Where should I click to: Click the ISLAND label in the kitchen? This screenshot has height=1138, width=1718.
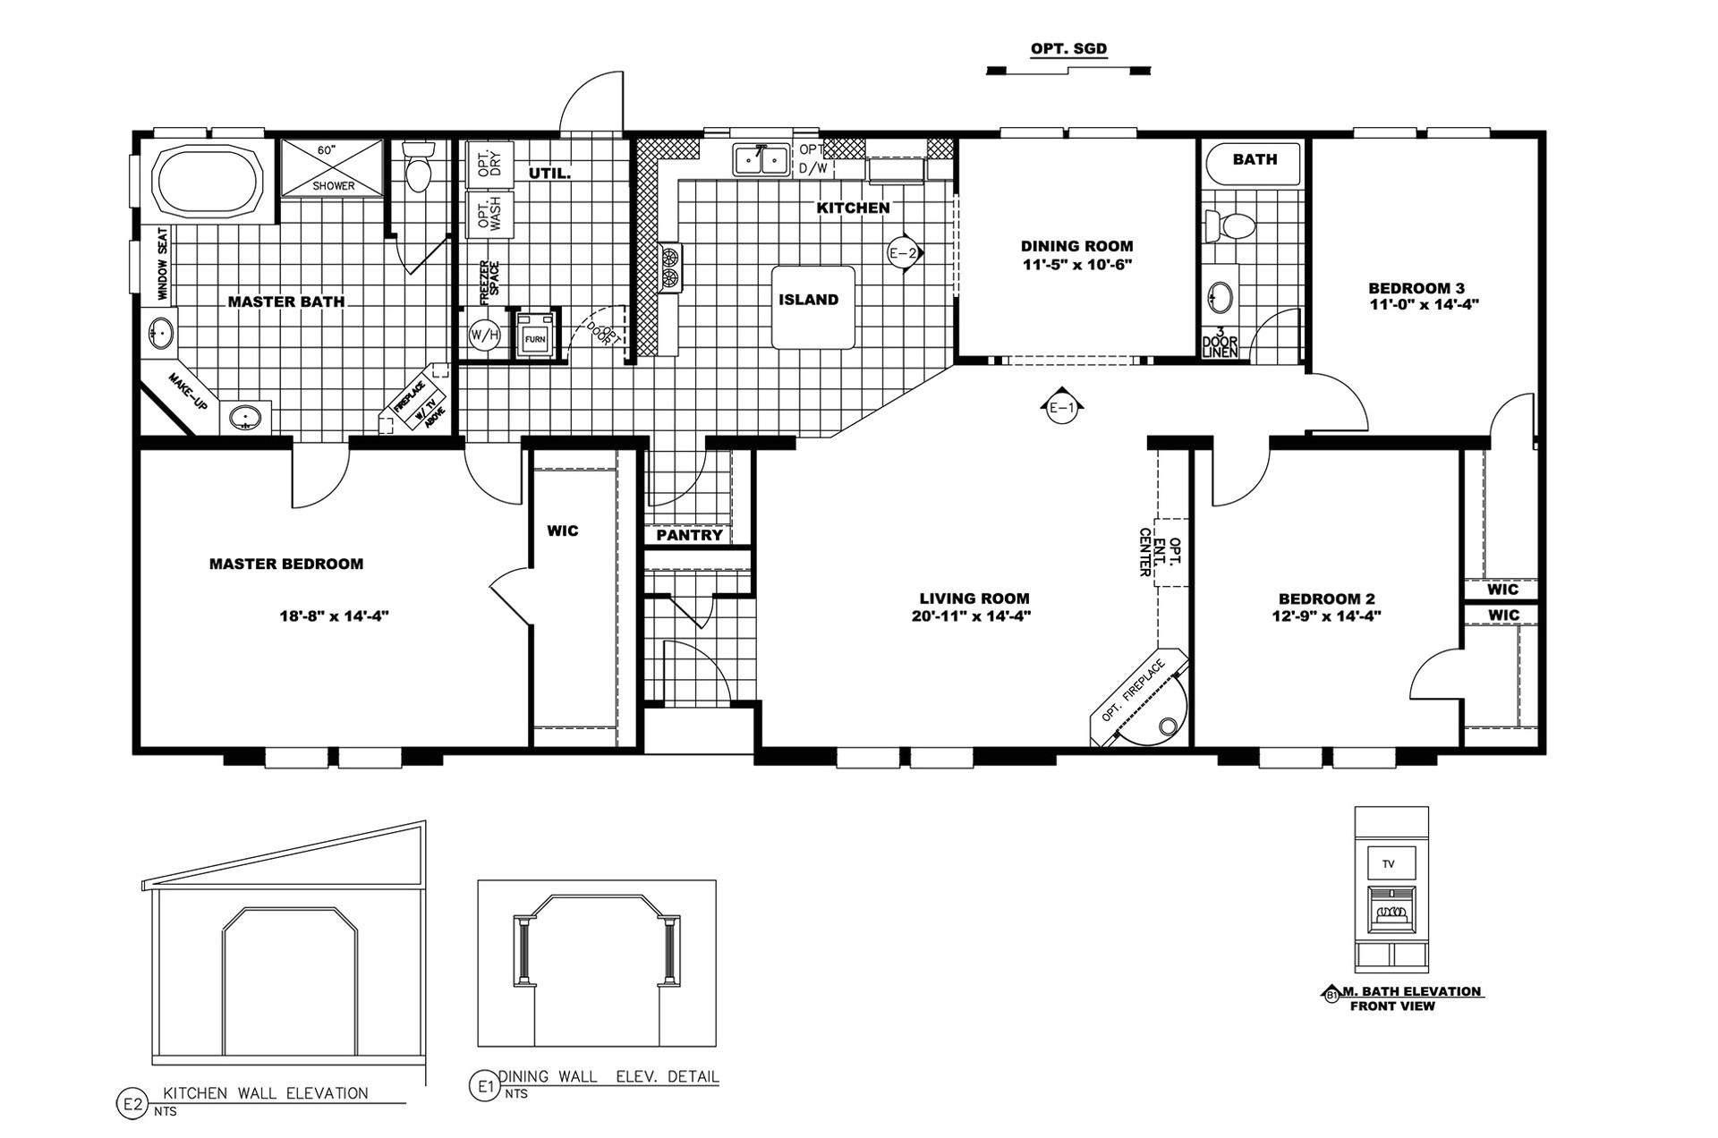point(808,300)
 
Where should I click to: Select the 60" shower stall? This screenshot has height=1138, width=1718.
point(332,167)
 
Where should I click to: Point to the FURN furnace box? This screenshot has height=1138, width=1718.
point(535,336)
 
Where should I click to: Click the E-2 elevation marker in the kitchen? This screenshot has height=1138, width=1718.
point(903,253)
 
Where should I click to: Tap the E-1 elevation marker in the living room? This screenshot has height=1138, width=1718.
point(1061,408)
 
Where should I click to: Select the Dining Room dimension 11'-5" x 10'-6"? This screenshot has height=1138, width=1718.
point(1076,265)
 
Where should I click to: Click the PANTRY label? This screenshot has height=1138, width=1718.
point(689,535)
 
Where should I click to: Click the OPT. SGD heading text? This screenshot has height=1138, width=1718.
point(1068,49)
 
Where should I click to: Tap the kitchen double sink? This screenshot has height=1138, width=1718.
point(761,160)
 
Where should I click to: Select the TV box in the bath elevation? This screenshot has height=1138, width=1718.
point(1389,864)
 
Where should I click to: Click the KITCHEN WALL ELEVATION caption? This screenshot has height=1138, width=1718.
point(265,1093)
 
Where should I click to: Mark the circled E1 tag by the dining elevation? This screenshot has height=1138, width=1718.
point(484,1087)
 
